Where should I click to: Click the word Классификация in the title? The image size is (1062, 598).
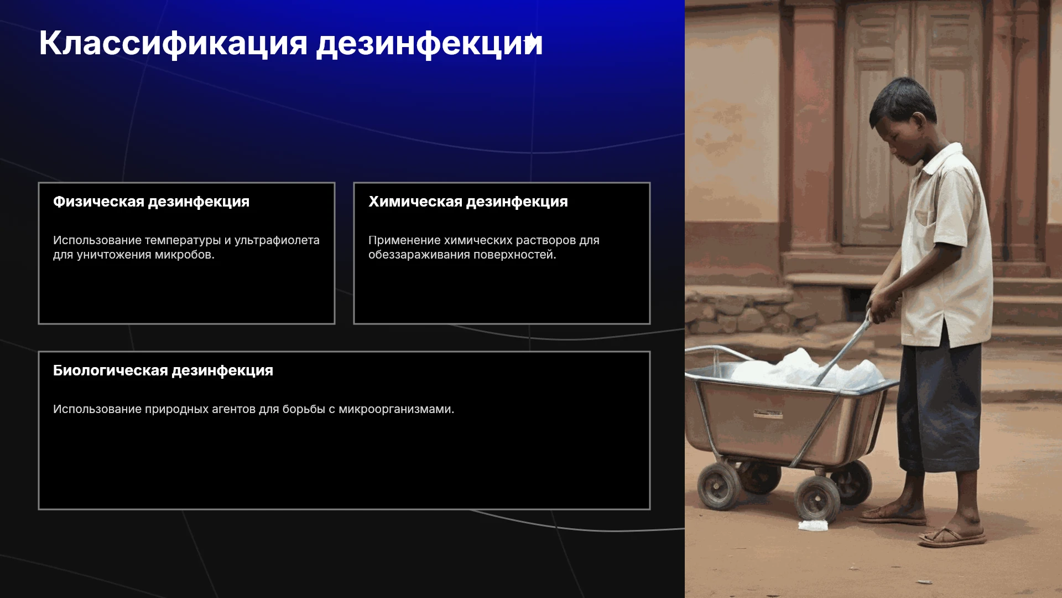173,43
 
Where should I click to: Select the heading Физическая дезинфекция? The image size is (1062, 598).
151,202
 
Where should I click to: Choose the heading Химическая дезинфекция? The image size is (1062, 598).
468,202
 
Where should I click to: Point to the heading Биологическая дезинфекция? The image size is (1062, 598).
163,370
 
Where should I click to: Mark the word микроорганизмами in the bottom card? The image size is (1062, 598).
396,409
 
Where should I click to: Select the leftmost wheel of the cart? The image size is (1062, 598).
719,486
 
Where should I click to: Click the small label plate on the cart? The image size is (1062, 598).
768,414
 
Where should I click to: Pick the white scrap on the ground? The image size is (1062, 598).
813,525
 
